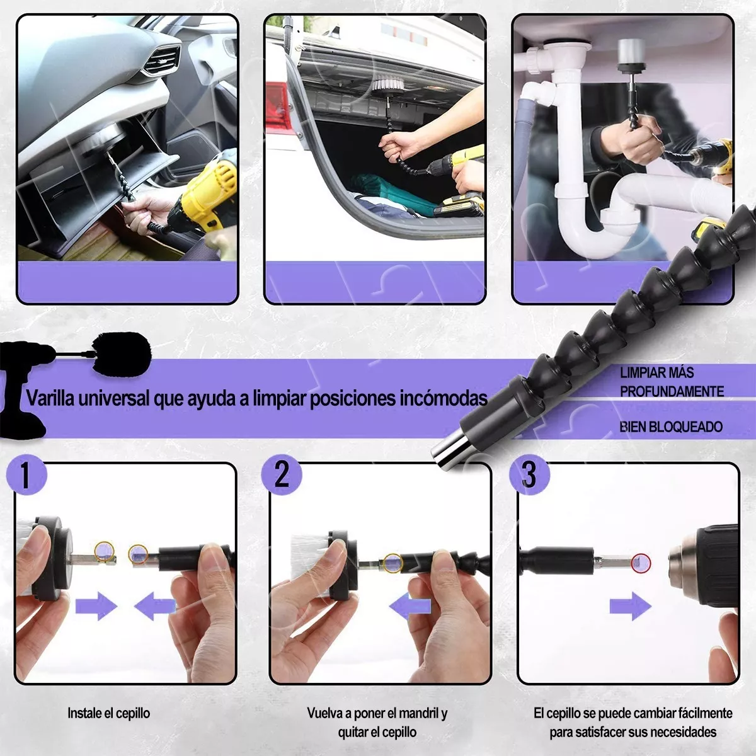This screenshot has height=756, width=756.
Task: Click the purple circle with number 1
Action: pyautogui.click(x=26, y=475)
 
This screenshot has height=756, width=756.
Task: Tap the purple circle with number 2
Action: pyautogui.click(x=282, y=475)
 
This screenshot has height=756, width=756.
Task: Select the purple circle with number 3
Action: pyautogui.click(x=530, y=475)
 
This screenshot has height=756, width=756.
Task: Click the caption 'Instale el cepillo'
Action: pyautogui.click(x=108, y=713)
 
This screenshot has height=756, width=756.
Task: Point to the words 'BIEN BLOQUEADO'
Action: pyautogui.click(x=671, y=427)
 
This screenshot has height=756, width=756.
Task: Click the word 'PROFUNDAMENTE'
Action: pyautogui.click(x=672, y=391)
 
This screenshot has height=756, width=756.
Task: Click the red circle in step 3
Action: pyautogui.click(x=641, y=563)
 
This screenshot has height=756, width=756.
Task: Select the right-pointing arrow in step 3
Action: pyautogui.click(x=631, y=607)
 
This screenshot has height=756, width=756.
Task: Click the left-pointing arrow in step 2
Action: pyautogui.click(x=409, y=607)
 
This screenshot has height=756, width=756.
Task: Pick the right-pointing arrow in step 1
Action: pyautogui.click(x=96, y=607)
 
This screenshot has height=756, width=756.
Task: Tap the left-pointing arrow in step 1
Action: pyautogui.click(x=154, y=607)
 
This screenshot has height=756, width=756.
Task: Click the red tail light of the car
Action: pyautogui.click(x=278, y=104)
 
